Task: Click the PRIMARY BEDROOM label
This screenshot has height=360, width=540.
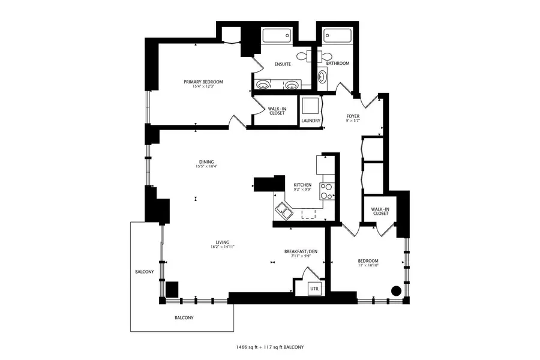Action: pos(203,82)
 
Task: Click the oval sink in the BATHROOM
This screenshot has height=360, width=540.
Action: pos(322,77)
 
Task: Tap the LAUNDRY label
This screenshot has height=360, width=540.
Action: pos(311,121)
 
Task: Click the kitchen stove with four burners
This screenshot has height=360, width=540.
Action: pos(327,191)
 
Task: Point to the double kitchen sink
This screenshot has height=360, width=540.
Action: pos(283,212)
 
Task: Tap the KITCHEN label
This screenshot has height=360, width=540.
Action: pos(302,185)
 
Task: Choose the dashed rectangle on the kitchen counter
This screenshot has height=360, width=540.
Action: pos(308,214)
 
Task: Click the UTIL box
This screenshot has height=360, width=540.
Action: pos(315,289)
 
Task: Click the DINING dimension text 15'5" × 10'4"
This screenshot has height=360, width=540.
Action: pos(206,166)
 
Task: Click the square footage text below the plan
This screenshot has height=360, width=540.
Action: pos(269,347)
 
